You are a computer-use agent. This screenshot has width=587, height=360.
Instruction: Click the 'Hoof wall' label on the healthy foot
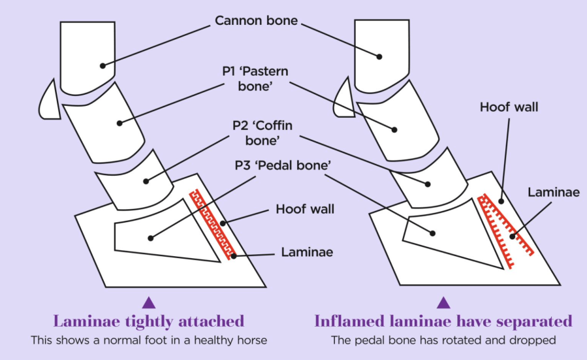coord(304,209)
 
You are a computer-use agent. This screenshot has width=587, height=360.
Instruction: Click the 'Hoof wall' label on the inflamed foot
coord(509,107)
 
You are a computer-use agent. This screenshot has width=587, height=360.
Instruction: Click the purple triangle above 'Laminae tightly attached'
coord(149,302)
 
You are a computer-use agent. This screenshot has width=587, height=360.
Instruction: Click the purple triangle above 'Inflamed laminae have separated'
coord(443,302)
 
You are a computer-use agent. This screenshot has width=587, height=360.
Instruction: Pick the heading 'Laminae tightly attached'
coord(149,321)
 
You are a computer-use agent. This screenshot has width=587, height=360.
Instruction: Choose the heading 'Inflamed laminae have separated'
coord(443,321)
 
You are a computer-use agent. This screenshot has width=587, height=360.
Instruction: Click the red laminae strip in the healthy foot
coord(212,225)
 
